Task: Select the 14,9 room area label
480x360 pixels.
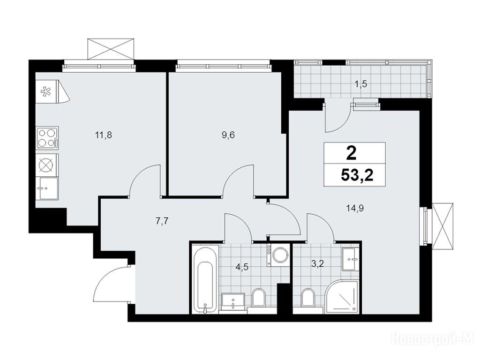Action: [x=355, y=209]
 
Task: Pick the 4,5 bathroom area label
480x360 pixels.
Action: [x=242, y=267]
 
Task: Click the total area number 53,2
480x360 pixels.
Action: [x=357, y=176]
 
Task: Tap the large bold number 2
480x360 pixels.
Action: [x=352, y=153]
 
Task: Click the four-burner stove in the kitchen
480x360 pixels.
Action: [x=47, y=138]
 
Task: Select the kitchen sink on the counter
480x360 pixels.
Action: [x=47, y=188]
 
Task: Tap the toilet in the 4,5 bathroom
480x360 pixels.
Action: [x=259, y=297]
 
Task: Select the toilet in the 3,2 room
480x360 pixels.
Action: [x=308, y=297]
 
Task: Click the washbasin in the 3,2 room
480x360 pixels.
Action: [x=349, y=259]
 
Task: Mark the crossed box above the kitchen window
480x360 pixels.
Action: [x=111, y=49]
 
